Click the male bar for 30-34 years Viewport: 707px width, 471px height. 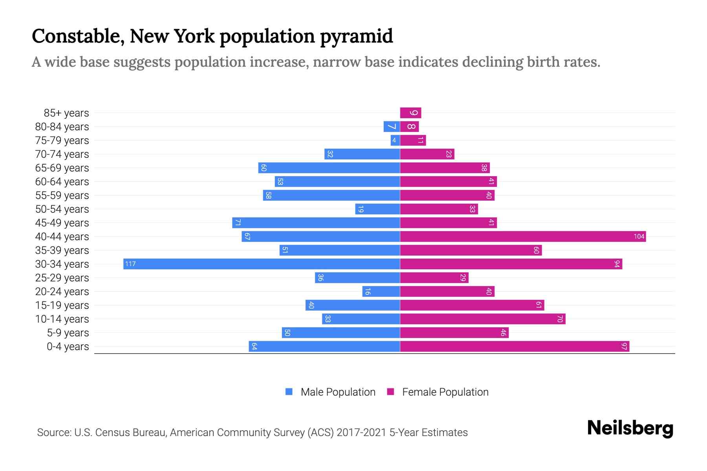[x=262, y=264]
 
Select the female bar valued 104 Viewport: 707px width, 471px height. [x=522, y=236]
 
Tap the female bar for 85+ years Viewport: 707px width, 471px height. [x=410, y=113]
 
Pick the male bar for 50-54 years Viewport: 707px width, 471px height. [x=377, y=209]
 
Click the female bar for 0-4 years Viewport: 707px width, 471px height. [x=515, y=346]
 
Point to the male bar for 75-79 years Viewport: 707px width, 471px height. [x=395, y=140]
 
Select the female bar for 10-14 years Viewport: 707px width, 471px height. [x=482, y=319]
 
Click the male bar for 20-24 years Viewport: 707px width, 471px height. [x=381, y=291]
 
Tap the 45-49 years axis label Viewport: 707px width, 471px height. [x=62, y=223]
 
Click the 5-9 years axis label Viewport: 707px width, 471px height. [x=68, y=333]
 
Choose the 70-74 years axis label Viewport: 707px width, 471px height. [x=62, y=154]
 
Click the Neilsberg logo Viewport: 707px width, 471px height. [x=630, y=428]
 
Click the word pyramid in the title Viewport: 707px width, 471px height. [x=356, y=37]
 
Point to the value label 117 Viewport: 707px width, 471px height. [x=130, y=264]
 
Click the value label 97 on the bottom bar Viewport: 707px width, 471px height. [x=624, y=346]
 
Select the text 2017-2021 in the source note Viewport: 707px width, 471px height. [x=361, y=433]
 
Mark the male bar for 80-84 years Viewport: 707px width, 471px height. [x=392, y=126]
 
